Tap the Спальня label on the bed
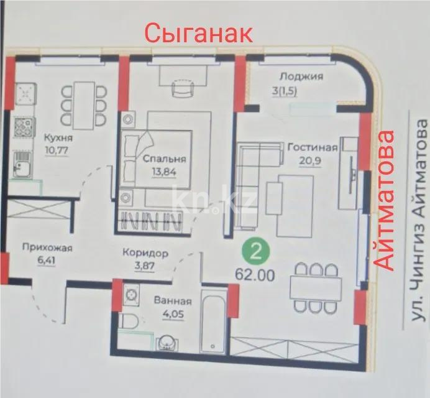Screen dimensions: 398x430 click(164, 159)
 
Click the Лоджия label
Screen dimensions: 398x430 click(301, 77)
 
